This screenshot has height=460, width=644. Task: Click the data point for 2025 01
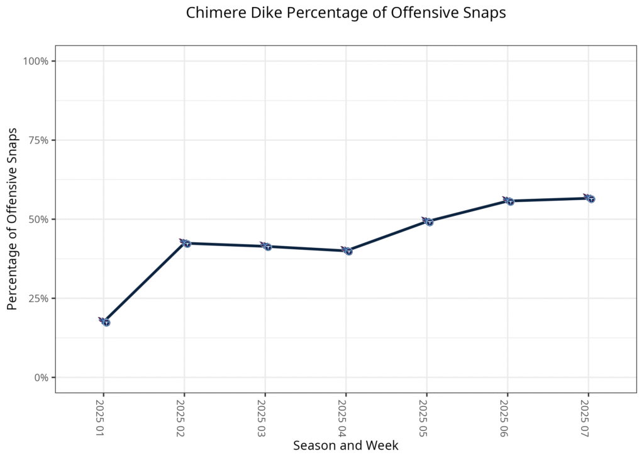point(106,322)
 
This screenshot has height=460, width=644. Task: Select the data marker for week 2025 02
point(186,243)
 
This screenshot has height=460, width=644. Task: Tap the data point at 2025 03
point(267,246)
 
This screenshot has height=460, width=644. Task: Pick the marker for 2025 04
point(348,250)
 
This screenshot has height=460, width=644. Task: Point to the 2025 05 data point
point(429,222)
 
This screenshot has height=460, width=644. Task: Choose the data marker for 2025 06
point(509,201)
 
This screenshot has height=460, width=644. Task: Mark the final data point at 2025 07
point(590,198)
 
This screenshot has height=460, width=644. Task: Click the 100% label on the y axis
point(36,61)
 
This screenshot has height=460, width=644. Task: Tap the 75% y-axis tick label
point(39,140)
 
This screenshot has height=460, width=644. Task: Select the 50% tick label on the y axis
point(39,220)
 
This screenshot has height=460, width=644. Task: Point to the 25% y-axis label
point(39,298)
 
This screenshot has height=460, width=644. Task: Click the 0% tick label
point(42,378)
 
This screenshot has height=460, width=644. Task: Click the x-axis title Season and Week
point(345,446)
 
